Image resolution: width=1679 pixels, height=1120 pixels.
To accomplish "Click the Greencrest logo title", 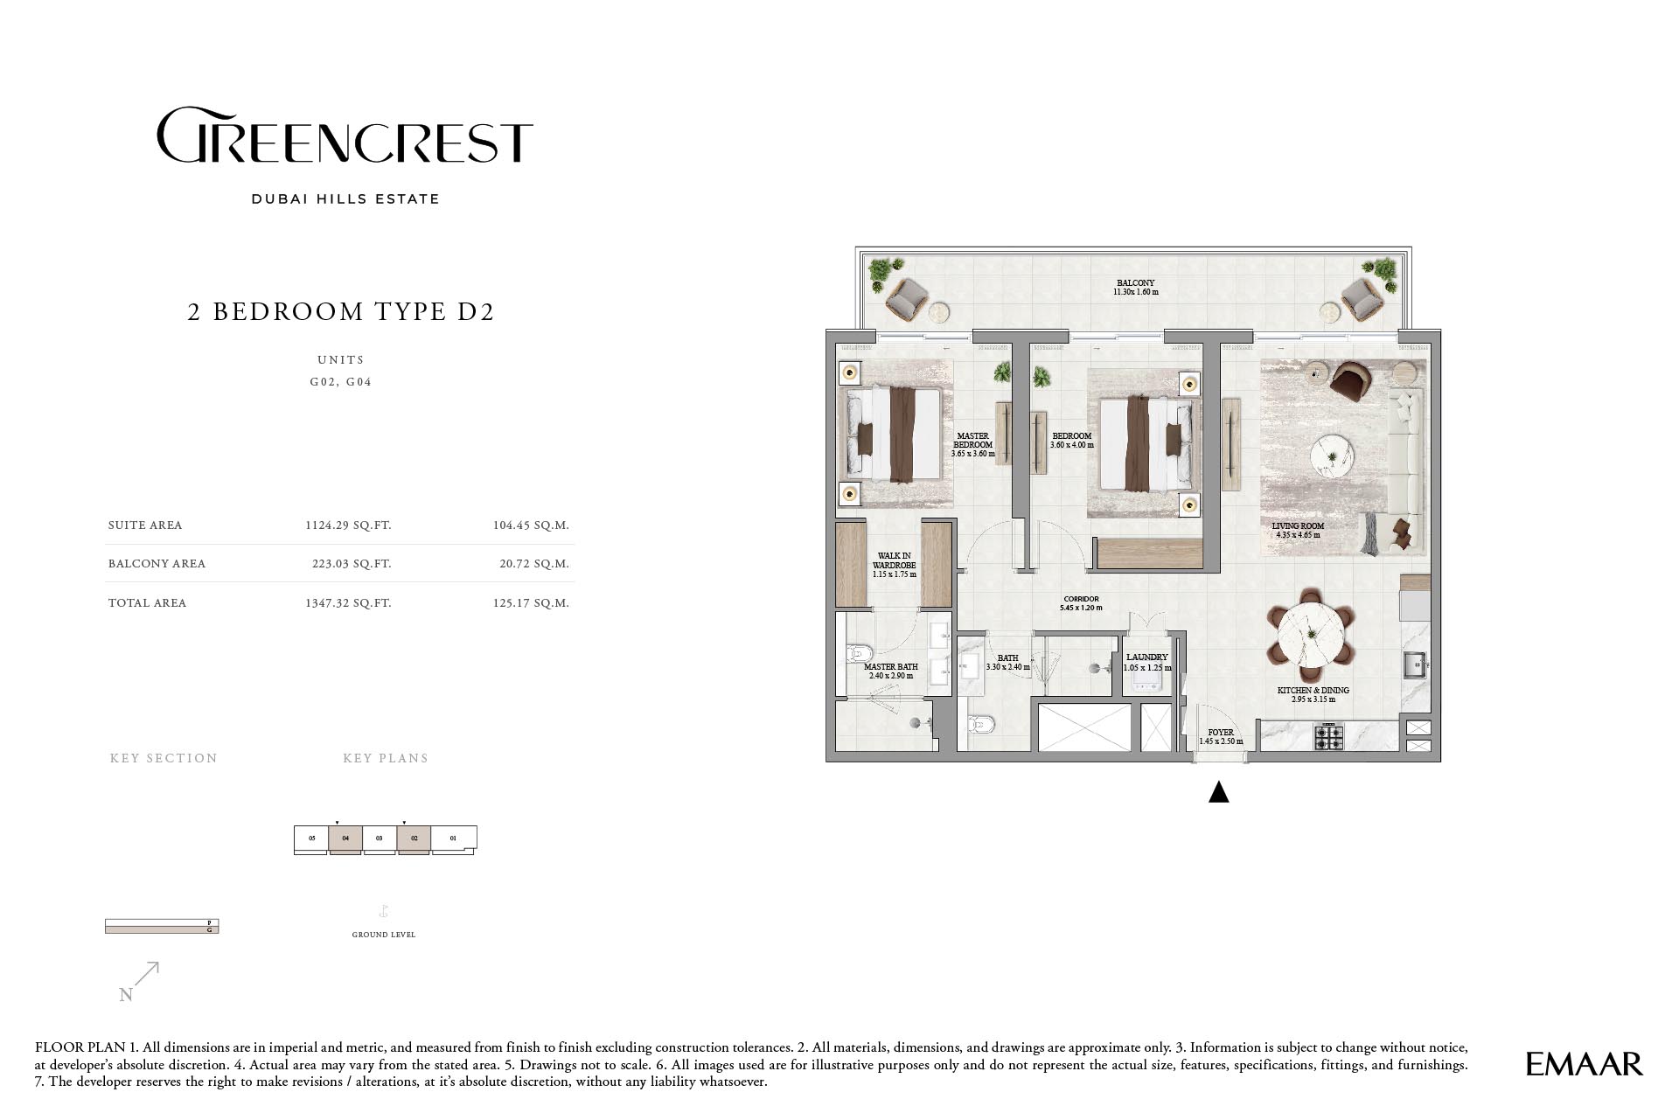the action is [x=345, y=136].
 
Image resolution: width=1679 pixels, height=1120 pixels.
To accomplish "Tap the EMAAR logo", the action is [x=1584, y=1064].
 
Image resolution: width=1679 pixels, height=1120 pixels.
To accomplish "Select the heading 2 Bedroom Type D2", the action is [x=341, y=311].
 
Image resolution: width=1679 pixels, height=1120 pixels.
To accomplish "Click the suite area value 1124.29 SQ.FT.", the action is [x=348, y=525].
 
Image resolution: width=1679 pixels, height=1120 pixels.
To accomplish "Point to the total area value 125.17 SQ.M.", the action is [x=531, y=603].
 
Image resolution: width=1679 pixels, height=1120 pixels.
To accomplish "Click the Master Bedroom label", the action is [x=973, y=445].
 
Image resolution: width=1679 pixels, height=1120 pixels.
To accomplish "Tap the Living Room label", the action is [x=1298, y=531].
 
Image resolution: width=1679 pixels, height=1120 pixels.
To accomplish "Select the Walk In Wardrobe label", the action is [x=895, y=565].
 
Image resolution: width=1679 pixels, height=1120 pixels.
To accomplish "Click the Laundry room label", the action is [x=1147, y=662].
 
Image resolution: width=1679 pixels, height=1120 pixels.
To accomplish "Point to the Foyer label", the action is [x=1221, y=737].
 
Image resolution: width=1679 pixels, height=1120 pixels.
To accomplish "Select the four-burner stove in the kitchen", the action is [x=1328, y=738].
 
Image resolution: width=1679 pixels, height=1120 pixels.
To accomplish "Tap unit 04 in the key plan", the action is [x=345, y=838].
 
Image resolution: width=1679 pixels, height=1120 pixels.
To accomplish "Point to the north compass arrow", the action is [x=148, y=973].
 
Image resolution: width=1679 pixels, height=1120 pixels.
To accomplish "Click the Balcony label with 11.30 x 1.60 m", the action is [x=1135, y=288].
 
